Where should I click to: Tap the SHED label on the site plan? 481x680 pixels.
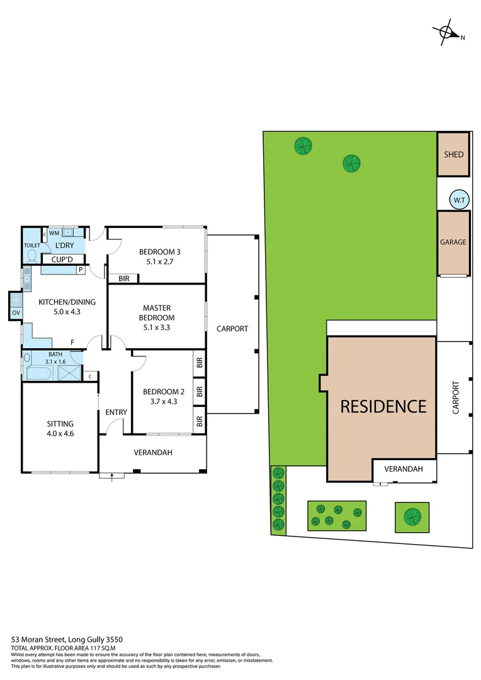(453, 154)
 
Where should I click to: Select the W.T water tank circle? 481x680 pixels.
(458, 200)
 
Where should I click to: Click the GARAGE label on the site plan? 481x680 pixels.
(453, 242)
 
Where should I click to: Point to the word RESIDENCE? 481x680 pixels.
(383, 406)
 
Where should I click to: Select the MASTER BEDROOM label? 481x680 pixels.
(157, 313)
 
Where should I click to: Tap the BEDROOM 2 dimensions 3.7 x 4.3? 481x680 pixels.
(162, 401)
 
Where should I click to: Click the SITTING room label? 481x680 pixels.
(60, 424)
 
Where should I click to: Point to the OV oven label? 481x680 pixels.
(14, 312)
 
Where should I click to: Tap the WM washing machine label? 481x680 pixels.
(54, 233)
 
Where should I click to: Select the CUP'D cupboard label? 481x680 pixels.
(62, 259)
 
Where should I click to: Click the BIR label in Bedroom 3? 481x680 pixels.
(123, 278)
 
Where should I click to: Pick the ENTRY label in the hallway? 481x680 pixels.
(116, 412)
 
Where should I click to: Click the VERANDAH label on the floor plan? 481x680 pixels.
(153, 453)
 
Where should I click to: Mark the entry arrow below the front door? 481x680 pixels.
(112, 477)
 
